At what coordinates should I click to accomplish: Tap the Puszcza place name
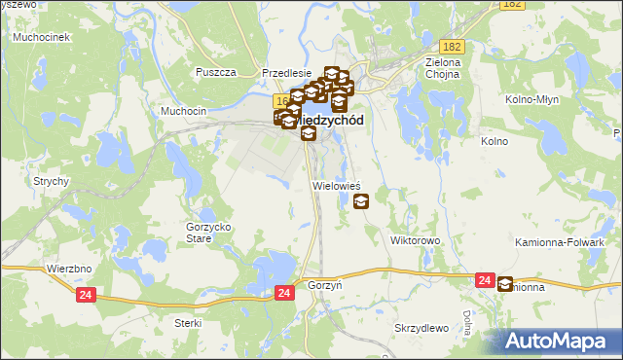(216, 73)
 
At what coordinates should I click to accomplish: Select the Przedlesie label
(286, 73)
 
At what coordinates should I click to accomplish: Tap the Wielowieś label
(337, 184)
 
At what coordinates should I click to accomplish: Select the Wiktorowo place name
(416, 239)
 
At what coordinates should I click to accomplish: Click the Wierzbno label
(68, 267)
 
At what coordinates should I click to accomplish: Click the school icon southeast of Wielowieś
(361, 201)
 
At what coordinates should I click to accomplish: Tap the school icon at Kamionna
(505, 284)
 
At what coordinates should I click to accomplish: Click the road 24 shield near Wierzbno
(85, 295)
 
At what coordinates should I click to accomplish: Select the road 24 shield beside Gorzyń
(283, 292)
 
